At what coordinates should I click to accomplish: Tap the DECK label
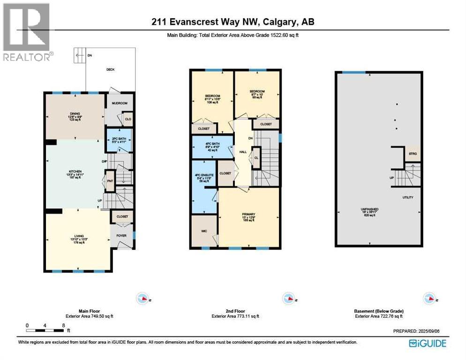click(x=110, y=69)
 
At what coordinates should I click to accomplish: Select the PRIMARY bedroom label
click(x=248, y=215)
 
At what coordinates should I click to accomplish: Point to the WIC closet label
click(x=203, y=231)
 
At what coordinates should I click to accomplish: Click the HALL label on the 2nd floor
click(x=243, y=152)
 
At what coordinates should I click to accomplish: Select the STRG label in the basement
click(x=413, y=153)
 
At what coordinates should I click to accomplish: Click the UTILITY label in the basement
click(x=408, y=197)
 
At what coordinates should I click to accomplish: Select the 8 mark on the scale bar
click(x=62, y=325)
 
